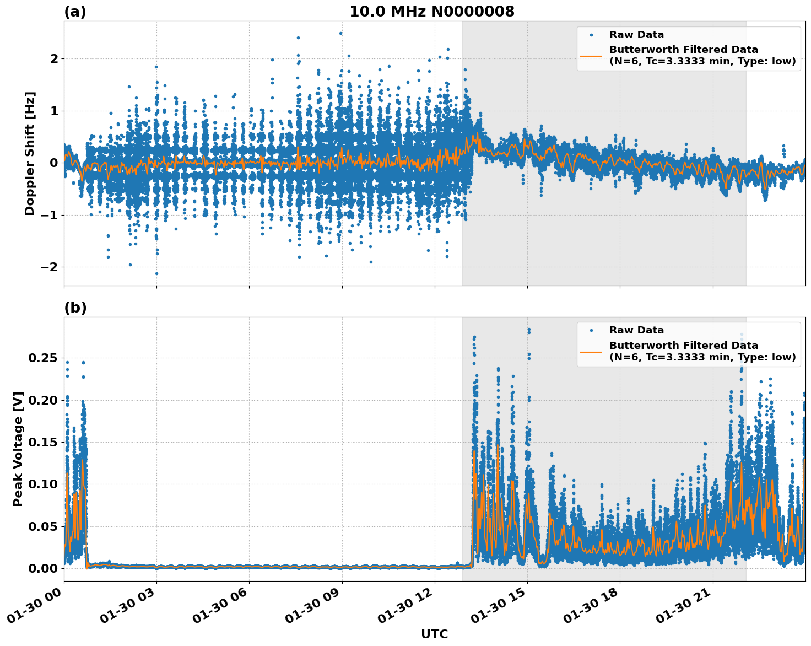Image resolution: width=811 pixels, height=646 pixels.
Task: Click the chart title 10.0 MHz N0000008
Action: point(431,12)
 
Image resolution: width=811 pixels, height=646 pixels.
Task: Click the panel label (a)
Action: point(75,12)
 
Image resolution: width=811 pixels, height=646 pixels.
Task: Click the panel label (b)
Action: point(75,308)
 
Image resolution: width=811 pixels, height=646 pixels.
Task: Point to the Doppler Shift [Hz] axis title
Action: point(30,153)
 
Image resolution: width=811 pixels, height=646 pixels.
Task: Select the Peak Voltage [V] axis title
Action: point(18,449)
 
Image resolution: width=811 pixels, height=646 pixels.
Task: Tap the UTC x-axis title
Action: point(434,634)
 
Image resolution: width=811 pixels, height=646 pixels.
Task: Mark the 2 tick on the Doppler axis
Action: point(54,58)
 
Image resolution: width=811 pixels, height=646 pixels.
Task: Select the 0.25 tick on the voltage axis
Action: point(42,358)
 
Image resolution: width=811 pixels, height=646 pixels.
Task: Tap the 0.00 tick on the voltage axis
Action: point(42,568)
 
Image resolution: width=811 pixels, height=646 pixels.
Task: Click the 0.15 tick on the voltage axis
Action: point(42,442)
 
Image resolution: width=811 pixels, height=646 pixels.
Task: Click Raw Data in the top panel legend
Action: point(636,35)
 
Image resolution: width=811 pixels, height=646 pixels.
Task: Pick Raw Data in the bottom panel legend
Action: point(636,330)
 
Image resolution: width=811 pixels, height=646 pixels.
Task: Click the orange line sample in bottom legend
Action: point(591,351)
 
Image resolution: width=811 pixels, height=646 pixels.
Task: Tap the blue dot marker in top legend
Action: point(591,35)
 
